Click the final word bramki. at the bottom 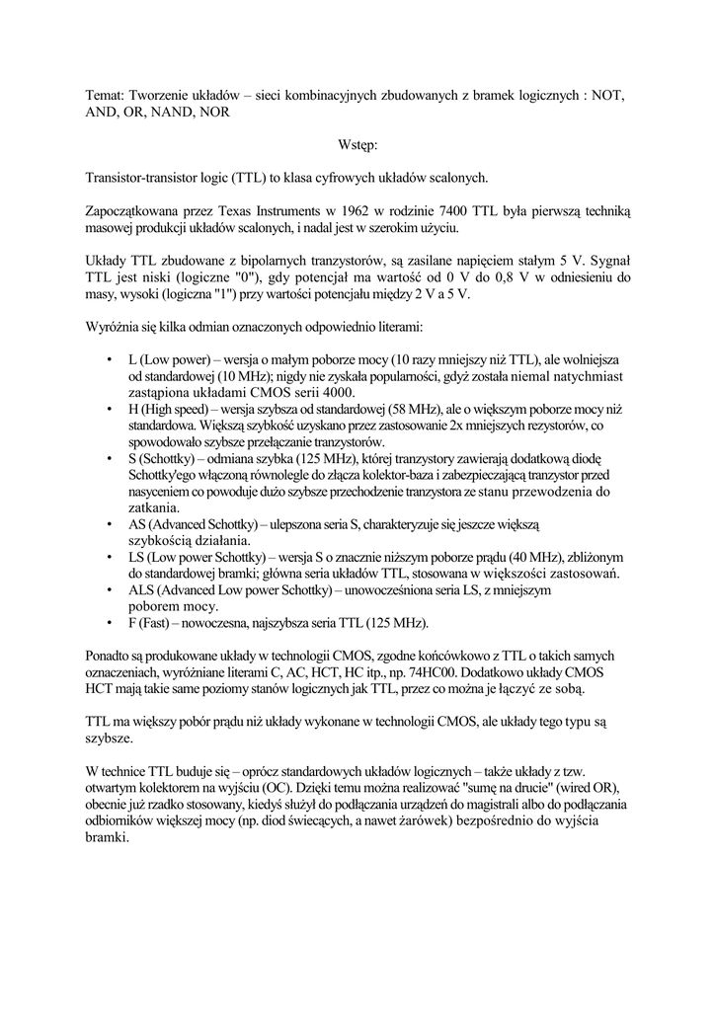click(108, 838)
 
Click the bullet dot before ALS click(109, 589)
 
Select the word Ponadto click(115, 656)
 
